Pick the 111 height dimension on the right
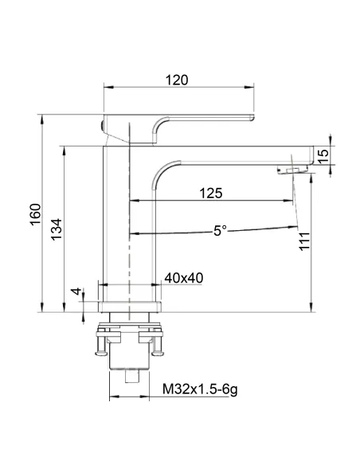point(304,241)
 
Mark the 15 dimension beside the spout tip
point(323,156)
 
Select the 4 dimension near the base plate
point(76,291)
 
